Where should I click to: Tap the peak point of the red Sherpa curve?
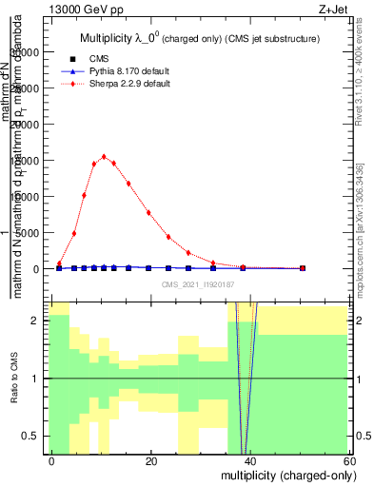tap(104, 157)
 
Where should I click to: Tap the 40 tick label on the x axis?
tap(250, 460)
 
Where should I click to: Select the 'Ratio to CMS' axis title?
tap(13, 379)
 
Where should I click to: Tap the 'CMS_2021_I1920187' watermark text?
tap(199, 283)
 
